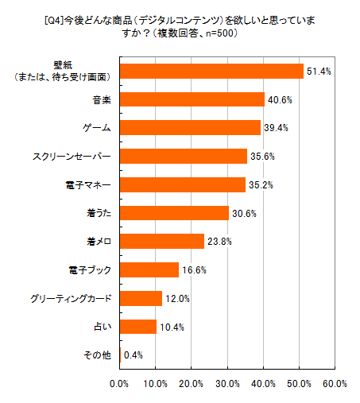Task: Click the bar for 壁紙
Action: (211, 71)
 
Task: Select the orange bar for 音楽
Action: (192, 99)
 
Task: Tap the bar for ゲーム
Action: (190, 128)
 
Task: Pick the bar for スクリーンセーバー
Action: (183, 156)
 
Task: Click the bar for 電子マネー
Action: (182, 184)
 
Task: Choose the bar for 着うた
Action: (174, 213)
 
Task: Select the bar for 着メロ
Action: (162, 241)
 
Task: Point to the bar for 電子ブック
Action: (149, 270)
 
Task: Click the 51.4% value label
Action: (319, 72)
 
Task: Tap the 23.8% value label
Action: (219, 242)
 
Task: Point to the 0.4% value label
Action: (134, 355)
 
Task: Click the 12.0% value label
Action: (176, 299)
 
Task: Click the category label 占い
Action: (102, 327)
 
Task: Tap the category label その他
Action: (98, 355)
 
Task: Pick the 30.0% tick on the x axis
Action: (227, 384)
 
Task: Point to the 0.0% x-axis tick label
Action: (119, 384)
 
